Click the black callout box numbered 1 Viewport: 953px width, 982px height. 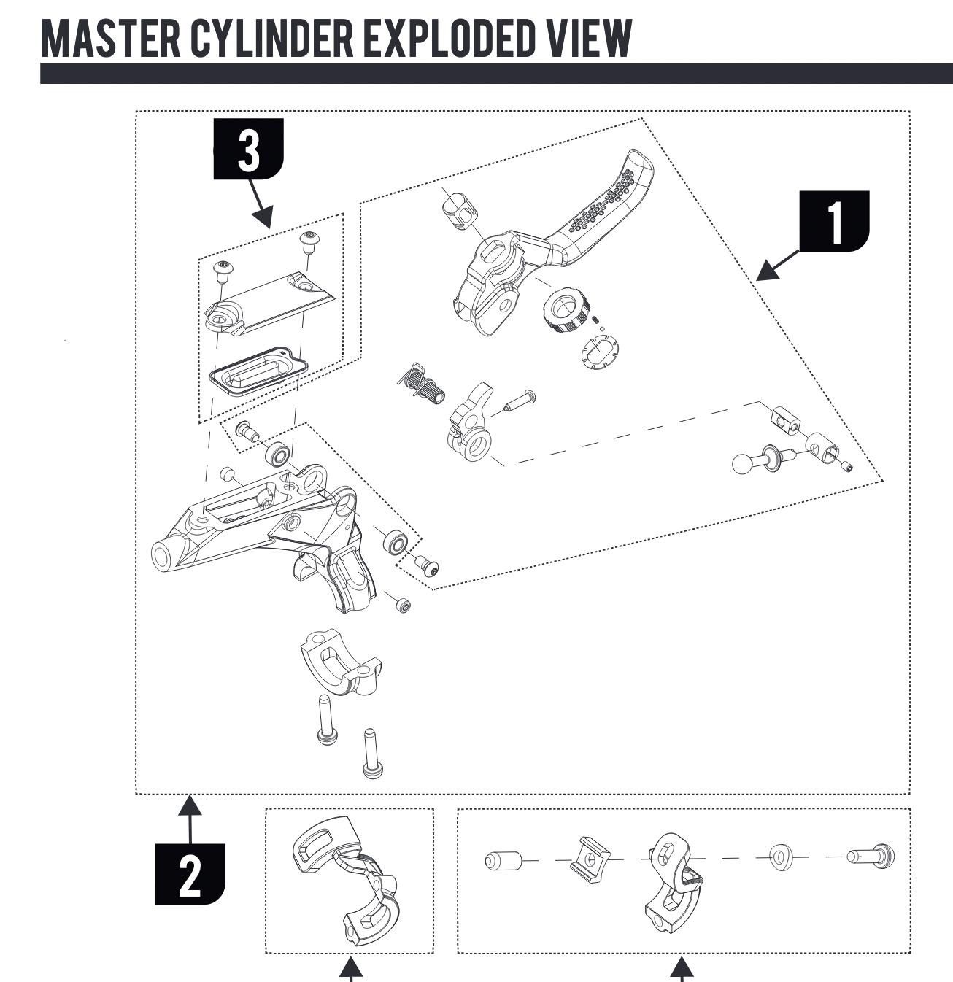pos(834,220)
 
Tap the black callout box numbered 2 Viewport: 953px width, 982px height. pos(190,873)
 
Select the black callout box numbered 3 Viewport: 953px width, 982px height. pos(248,150)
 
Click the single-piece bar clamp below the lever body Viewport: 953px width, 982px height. pos(340,660)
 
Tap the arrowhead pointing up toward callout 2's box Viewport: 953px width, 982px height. pos(190,805)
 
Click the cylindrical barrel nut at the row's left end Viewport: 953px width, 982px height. pos(503,860)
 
